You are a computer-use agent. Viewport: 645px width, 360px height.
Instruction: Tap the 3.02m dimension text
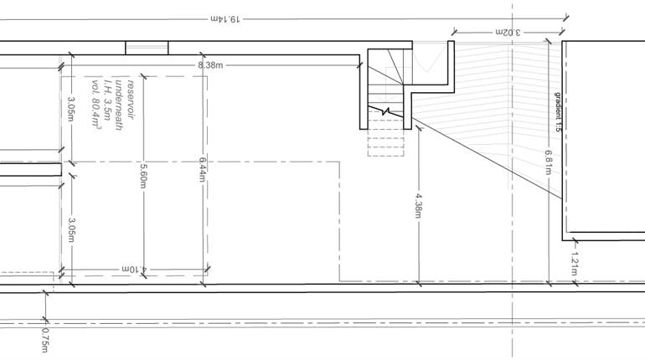pyautogui.click(x=506, y=32)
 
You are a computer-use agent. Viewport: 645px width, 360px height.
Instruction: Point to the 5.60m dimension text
pyautogui.click(x=143, y=174)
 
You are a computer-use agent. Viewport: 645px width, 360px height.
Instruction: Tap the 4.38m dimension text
pyautogui.click(x=417, y=206)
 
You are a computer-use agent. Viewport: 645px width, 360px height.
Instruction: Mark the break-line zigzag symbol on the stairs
pyautogui.click(x=387, y=111)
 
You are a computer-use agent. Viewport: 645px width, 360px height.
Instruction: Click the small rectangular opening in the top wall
pyautogui.click(x=147, y=47)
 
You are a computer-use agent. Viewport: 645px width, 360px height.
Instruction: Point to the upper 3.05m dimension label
pyautogui.click(x=71, y=109)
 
